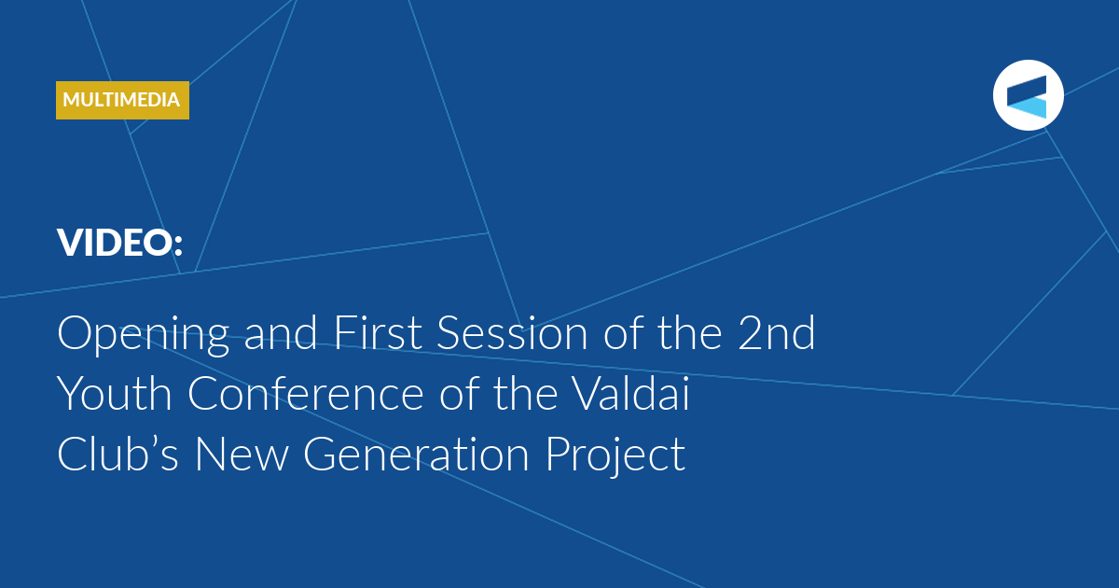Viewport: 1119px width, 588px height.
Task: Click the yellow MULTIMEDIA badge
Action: (x=122, y=100)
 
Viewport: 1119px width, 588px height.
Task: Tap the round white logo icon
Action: (x=1028, y=95)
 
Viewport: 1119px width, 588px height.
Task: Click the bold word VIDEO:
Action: (x=120, y=243)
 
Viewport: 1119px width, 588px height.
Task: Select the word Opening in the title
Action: (x=144, y=334)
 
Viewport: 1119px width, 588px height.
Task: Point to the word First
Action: (x=378, y=332)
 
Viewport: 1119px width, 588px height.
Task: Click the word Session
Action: (x=512, y=333)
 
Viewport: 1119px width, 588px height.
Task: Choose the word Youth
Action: (x=115, y=393)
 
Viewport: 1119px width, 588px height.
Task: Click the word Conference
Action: (x=306, y=393)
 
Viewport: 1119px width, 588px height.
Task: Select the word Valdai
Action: (x=630, y=393)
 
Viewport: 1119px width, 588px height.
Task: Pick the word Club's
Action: (x=117, y=453)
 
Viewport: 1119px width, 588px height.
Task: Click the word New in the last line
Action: (x=242, y=454)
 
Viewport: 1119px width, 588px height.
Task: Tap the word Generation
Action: (x=416, y=454)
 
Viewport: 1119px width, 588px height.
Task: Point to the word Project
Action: (x=615, y=456)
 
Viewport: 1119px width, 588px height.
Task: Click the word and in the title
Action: (x=281, y=332)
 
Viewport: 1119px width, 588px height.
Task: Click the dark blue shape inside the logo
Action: (x=1027, y=89)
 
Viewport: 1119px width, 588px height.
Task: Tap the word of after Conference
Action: (x=459, y=393)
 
